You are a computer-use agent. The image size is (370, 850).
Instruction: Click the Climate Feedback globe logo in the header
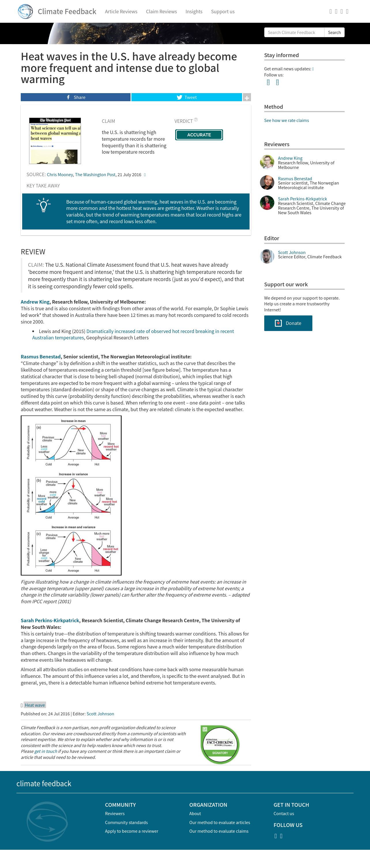25,12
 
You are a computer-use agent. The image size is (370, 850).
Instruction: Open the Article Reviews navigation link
121,12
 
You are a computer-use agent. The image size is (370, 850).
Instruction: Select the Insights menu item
194,12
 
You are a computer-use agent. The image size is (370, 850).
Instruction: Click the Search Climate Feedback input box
294,32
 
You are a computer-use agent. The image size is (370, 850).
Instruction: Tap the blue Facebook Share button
75,97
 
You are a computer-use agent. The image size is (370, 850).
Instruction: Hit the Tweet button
187,97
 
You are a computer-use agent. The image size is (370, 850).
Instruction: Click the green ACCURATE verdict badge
199,135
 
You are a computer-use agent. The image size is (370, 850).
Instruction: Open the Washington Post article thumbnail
55,141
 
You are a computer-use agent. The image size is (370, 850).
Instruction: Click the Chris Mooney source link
60,174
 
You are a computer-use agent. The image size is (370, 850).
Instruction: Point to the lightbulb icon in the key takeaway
43,205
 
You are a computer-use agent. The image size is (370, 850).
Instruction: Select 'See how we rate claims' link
286,121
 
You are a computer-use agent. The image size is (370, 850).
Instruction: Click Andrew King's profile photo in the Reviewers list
267,162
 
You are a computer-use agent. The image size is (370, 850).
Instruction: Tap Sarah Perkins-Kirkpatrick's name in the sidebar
302,199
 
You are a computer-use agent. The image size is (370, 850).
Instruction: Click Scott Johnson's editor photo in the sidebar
267,256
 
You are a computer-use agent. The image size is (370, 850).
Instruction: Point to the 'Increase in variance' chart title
73,474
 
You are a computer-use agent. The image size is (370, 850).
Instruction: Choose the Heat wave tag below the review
35,705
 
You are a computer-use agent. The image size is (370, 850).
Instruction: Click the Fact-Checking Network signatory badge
220,744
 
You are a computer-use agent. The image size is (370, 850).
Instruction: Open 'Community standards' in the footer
126,822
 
